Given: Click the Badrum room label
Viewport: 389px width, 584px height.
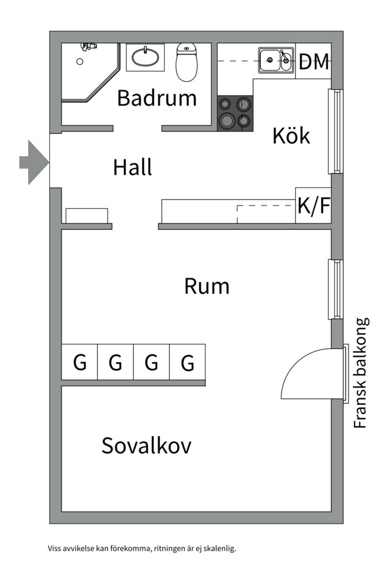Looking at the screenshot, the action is click(157, 98).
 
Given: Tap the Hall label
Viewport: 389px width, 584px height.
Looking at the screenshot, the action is click(132, 167).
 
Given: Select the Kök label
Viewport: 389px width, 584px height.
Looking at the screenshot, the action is click(291, 136).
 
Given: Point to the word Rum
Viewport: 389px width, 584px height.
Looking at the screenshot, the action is click(206, 286).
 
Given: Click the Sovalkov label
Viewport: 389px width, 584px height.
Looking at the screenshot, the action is click(146, 445).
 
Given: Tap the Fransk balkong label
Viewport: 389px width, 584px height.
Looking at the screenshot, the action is click(360, 373).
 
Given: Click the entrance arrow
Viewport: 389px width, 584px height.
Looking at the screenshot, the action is click(34, 162).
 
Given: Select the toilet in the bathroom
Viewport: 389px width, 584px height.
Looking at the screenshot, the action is click(186, 62).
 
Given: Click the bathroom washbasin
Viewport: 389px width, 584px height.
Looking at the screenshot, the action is click(145, 57).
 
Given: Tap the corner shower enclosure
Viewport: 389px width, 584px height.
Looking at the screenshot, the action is click(91, 72).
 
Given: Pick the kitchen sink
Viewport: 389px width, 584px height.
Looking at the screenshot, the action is click(276, 60).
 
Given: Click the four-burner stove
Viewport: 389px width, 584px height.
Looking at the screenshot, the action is click(235, 114).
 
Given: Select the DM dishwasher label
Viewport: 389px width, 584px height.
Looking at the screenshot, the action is click(314, 62).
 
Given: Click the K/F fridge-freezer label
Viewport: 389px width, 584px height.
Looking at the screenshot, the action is click(314, 205).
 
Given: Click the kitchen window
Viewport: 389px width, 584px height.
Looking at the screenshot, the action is click(335, 131).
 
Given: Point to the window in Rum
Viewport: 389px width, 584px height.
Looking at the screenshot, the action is click(335, 289).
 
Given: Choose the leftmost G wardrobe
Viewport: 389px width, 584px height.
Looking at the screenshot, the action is click(79, 362).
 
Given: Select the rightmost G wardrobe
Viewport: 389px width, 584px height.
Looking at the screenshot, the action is click(187, 362).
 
